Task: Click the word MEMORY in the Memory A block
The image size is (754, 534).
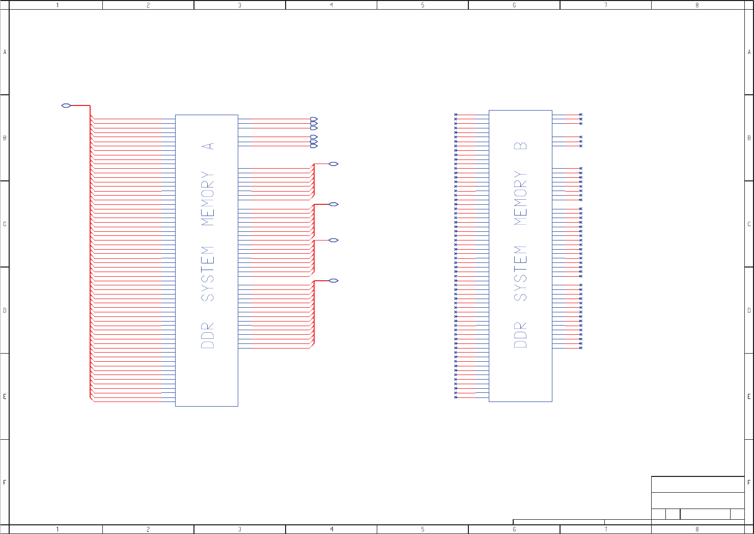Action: (x=208, y=199)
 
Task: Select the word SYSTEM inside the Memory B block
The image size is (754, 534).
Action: (x=520, y=273)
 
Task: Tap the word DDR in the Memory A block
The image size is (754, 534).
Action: (x=208, y=335)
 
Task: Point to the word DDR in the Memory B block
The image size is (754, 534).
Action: (x=520, y=335)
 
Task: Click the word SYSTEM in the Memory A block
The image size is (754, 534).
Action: (x=208, y=274)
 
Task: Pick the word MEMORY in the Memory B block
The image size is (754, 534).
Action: (x=520, y=198)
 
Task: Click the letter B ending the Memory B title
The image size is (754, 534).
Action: (x=520, y=146)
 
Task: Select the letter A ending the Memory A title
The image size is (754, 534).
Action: (x=208, y=146)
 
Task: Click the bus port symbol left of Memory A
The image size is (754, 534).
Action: (x=66, y=105)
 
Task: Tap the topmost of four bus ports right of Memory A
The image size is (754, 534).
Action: (x=333, y=164)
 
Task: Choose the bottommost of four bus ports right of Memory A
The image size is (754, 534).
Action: (x=333, y=281)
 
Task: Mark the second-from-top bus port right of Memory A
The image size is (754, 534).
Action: (x=333, y=204)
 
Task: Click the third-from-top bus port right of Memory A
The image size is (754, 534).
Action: (x=333, y=241)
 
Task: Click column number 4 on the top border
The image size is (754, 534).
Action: (x=331, y=5)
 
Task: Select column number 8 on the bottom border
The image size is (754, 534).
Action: (x=697, y=529)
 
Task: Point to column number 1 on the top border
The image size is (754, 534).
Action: (x=57, y=5)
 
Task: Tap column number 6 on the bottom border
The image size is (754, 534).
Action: (x=514, y=529)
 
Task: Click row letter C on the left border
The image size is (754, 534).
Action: (x=5, y=224)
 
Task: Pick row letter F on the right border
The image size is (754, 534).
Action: (x=749, y=482)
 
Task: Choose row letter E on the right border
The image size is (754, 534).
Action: (x=749, y=396)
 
